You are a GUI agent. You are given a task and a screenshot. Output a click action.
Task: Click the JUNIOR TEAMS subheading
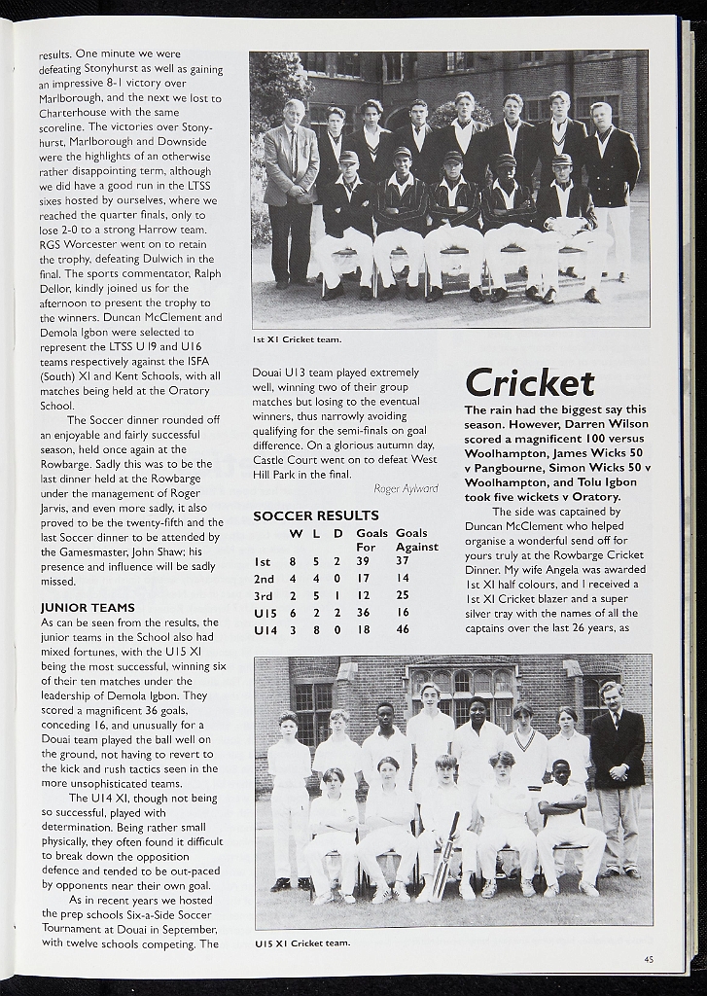(88, 607)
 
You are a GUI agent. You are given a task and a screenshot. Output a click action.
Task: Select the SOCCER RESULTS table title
(316, 516)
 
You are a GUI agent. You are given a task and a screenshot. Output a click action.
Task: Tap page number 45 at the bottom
(648, 959)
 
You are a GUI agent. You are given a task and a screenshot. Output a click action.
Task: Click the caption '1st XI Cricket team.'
(298, 339)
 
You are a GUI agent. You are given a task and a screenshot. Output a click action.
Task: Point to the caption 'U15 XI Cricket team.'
(302, 943)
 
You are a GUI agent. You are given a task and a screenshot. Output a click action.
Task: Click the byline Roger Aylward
(406, 488)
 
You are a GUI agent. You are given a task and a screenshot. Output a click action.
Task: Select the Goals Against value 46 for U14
(403, 629)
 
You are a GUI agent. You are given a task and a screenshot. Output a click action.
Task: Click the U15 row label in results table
(265, 612)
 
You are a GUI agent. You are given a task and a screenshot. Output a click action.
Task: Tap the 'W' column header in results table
(294, 533)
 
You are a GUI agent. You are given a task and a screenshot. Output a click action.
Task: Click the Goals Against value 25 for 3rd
(403, 595)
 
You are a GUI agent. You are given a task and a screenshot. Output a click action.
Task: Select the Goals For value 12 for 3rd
(363, 595)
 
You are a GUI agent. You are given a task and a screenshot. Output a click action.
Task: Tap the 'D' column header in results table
(337, 533)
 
